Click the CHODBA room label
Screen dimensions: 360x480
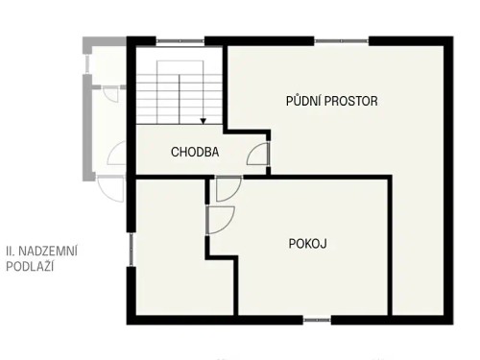(195, 152)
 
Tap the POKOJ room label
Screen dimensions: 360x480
(308, 244)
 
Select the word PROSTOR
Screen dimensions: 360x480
(353, 101)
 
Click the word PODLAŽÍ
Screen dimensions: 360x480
(29, 267)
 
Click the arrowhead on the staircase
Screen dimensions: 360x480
(204, 120)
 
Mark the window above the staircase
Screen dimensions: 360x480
(180, 40)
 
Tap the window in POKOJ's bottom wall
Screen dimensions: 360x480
(317, 319)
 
